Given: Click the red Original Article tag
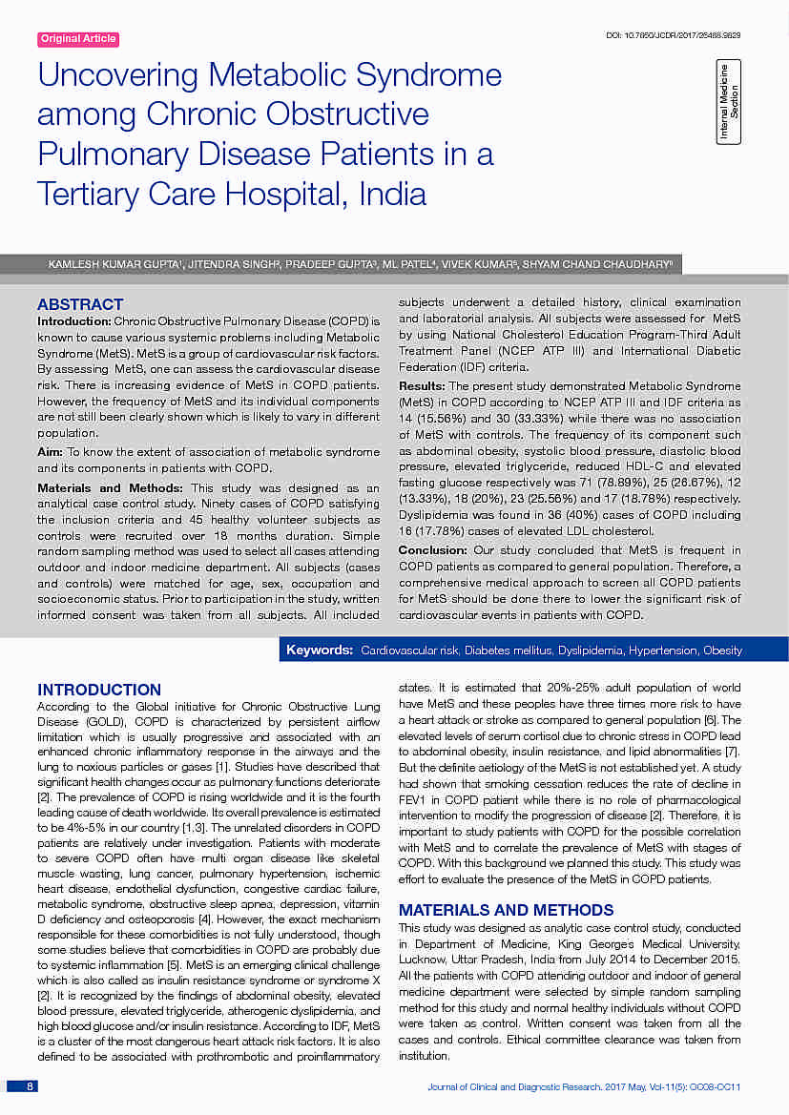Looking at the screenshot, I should (x=78, y=39).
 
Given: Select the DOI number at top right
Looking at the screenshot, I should (x=674, y=35).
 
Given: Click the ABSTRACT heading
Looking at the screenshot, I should (x=80, y=304).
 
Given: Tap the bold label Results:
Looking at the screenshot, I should (x=422, y=385).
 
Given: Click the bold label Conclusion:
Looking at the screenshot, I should (x=432, y=550).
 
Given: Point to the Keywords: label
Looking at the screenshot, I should (x=320, y=650).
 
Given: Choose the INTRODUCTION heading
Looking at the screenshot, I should (x=99, y=690).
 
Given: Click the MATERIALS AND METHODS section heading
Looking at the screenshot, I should (x=506, y=910).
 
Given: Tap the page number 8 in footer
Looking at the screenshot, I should (x=30, y=1086).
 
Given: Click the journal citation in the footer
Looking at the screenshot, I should (x=584, y=1087).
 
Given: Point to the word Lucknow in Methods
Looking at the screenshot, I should (x=423, y=959).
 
